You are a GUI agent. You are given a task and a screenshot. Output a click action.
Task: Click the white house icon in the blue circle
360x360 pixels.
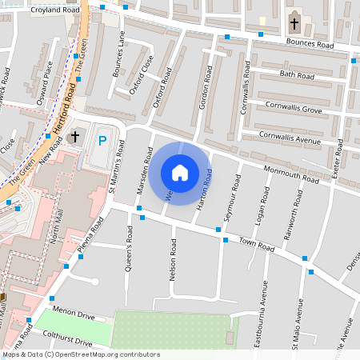180,172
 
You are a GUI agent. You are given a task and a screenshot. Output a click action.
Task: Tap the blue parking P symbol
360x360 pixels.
102,142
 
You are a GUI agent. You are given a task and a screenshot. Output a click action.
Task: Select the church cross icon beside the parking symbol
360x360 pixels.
76,136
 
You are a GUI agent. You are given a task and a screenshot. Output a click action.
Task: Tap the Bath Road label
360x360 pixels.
298,75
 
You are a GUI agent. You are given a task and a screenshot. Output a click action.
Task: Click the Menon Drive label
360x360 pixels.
73,310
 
